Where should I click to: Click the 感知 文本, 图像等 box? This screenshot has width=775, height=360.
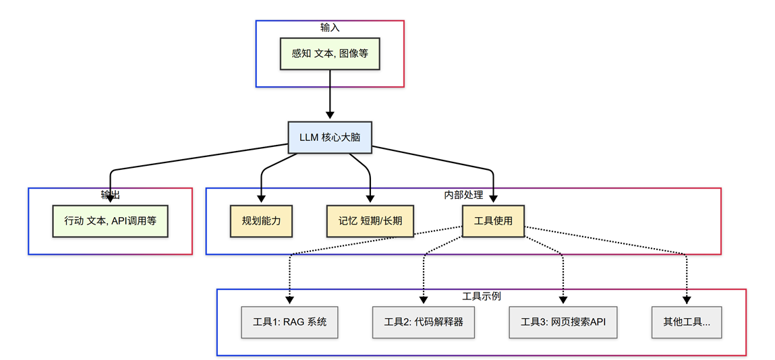[x=330, y=53]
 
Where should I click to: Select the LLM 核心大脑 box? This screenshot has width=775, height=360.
[x=330, y=137]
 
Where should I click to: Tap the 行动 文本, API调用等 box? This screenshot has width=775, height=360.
[x=110, y=220]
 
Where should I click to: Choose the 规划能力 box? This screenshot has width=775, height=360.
[x=261, y=220]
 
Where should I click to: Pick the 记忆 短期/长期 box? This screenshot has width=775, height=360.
[x=370, y=220]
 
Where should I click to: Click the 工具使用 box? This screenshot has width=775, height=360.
[x=493, y=220]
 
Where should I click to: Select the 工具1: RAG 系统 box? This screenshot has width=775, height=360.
[x=290, y=322]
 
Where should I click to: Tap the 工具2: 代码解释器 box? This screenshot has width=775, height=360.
[x=424, y=322]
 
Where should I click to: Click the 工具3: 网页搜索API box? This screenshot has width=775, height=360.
[x=563, y=322]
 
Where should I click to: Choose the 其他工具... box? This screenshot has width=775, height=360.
[x=687, y=322]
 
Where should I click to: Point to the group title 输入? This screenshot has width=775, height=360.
[x=330, y=28]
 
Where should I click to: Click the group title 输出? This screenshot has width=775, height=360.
[x=110, y=195]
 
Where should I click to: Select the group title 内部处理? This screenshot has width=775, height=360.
[x=463, y=195]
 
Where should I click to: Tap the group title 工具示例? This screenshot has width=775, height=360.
[x=482, y=297]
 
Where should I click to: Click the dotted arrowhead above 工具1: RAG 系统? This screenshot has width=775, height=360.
[x=290, y=300]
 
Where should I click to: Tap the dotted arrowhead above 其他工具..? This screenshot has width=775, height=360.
[x=687, y=300]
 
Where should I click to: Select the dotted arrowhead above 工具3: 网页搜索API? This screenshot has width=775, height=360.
[x=563, y=300]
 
